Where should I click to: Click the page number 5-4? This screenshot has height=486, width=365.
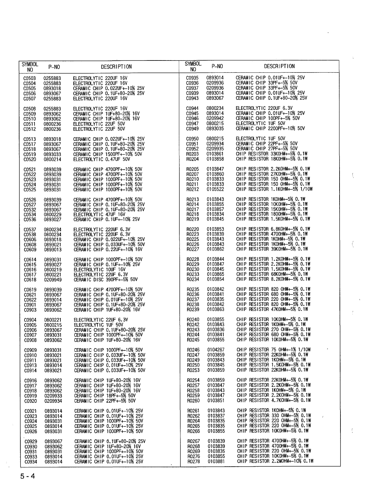28,476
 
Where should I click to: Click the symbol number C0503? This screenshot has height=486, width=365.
29,78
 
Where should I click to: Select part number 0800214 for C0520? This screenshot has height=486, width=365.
52,159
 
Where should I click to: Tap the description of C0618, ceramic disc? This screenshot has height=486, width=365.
106,280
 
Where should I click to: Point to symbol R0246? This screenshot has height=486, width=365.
193,350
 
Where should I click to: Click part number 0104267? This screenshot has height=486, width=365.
216,350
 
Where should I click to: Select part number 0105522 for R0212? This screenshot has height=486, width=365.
215,189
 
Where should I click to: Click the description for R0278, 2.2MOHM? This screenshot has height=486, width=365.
275,461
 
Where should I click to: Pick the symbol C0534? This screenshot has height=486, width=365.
30,215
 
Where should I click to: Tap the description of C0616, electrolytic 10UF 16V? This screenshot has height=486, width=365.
100,270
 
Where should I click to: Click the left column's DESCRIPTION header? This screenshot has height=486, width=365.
116,67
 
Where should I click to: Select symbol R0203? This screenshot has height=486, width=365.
193,154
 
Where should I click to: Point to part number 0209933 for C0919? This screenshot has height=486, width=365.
53,396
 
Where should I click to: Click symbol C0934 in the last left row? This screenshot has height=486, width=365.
31,461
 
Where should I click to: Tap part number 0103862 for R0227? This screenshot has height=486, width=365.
215,249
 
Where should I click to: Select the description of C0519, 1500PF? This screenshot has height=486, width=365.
108,154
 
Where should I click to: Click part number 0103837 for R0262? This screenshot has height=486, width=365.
216,416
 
